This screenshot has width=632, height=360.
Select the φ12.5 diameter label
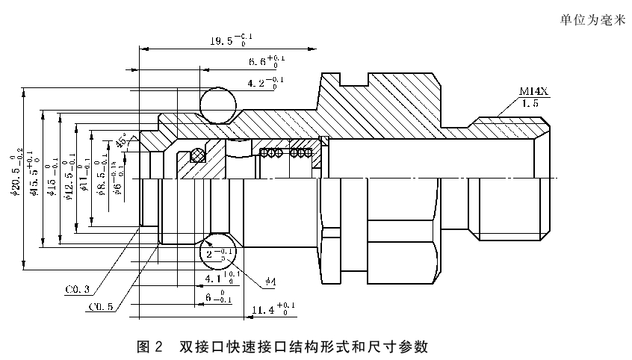(x=67, y=179)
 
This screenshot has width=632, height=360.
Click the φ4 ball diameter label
(x=270, y=282)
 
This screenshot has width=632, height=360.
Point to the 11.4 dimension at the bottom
(x=273, y=308)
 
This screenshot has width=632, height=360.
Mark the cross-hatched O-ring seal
(x=198, y=155)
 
